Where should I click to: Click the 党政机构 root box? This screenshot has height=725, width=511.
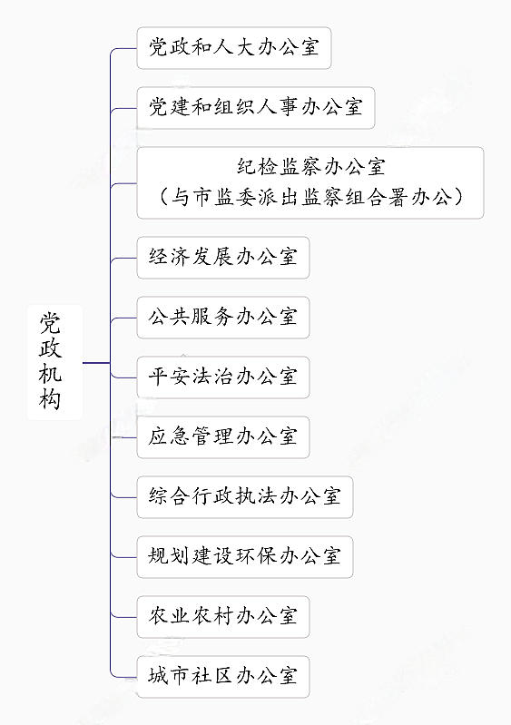point(54,362)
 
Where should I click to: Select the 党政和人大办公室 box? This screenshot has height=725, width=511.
point(233,48)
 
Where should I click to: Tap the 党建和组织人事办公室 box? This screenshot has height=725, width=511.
point(255,107)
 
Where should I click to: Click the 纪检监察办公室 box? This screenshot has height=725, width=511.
point(310,182)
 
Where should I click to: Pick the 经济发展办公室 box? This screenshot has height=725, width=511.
point(222,257)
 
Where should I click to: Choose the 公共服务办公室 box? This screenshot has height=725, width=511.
point(222,317)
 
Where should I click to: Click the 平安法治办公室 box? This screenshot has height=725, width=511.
point(222,377)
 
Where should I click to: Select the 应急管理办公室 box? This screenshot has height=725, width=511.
point(222,436)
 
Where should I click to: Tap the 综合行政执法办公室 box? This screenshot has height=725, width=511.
point(244,496)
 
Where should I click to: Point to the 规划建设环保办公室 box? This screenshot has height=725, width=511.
point(244,556)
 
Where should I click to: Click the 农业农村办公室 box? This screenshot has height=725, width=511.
point(222,616)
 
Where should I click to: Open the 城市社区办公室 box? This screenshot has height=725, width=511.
point(222,676)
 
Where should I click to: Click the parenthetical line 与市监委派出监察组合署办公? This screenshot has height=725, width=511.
point(310,197)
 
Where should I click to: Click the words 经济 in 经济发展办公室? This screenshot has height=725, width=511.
point(170,257)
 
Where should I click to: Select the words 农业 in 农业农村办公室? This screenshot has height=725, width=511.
point(170,616)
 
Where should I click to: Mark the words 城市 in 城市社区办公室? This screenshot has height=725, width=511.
point(170,676)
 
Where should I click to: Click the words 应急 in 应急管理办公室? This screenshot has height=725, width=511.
point(170,436)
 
